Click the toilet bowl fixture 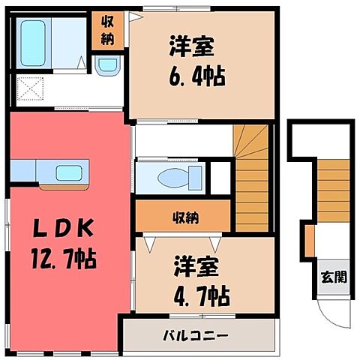coord(174,176)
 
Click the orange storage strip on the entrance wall coord(309,240)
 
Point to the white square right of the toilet coord(219,176)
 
